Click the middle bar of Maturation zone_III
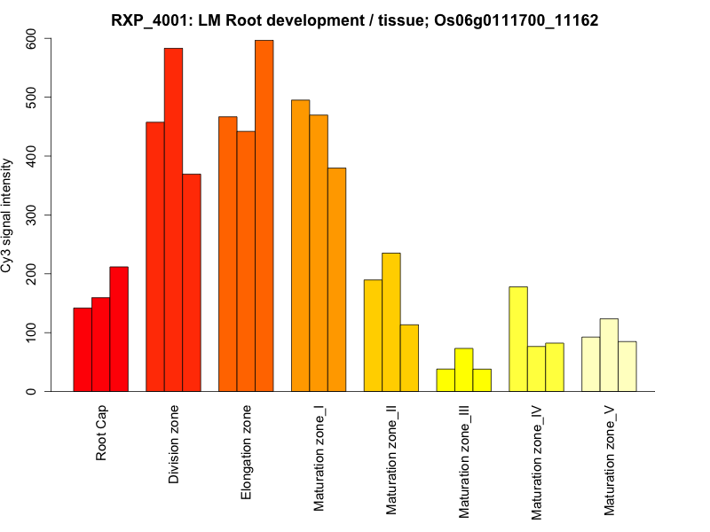pos(463,370)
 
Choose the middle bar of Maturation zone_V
pos(609,355)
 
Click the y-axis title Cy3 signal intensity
pos(9,215)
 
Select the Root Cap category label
pos(101,434)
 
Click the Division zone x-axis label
pos(174,444)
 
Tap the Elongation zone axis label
pos(247,451)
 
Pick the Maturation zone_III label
pos(464,460)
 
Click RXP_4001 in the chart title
pos(146,19)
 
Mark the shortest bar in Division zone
pos(192,283)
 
